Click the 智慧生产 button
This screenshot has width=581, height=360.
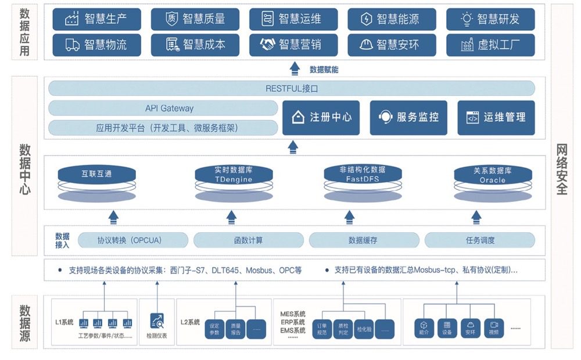pos(96,19)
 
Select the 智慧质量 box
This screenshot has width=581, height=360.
pos(195,19)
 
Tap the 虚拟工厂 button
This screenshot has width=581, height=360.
pos(490,45)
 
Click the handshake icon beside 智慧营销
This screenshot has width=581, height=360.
pos(268,45)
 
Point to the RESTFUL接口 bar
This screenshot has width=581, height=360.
pos(292,89)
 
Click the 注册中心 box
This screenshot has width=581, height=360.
pos(320,118)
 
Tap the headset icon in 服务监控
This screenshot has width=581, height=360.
pos(385,118)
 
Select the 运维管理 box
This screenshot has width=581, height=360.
pos(496,118)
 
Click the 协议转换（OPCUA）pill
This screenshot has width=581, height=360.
pos(133,240)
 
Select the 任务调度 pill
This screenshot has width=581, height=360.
pos(480,240)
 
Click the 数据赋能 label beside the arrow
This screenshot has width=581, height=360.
pos(324,70)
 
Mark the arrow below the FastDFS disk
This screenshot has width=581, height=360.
pos(349,218)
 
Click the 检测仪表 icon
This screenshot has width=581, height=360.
pos(157,321)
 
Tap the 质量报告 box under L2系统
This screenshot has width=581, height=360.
pos(236,329)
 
